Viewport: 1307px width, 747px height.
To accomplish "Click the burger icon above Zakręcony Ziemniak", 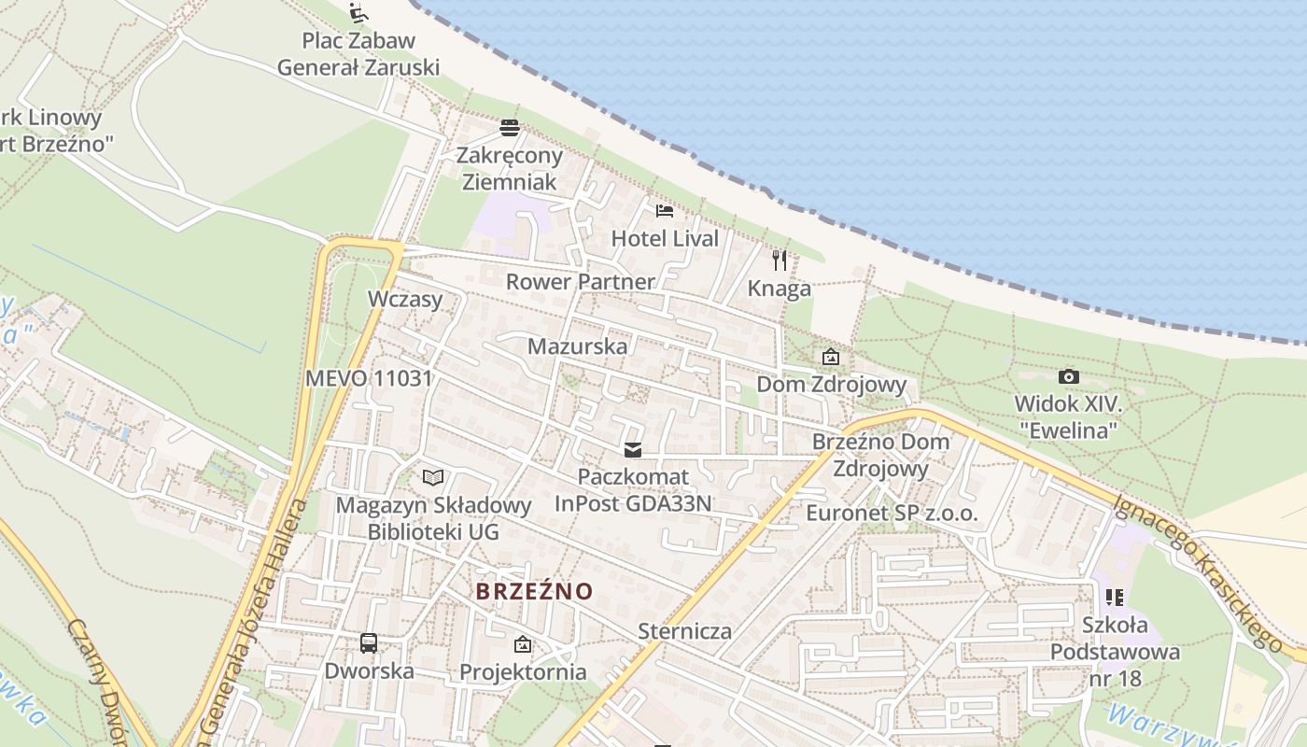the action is (x=510, y=127).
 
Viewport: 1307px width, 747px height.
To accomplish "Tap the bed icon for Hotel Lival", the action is (x=665, y=210).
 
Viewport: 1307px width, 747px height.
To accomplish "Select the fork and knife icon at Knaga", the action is (x=780, y=261).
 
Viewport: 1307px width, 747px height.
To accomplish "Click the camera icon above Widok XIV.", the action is (x=1069, y=376).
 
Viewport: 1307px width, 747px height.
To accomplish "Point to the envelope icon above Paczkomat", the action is (x=634, y=450).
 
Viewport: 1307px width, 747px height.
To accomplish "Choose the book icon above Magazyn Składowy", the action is (x=433, y=478).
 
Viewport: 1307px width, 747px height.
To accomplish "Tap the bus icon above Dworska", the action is (x=369, y=642).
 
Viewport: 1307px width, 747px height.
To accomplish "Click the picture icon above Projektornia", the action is (x=523, y=644).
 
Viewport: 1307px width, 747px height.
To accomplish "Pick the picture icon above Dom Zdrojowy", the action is (x=831, y=357).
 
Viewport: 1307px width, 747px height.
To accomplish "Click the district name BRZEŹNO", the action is (x=534, y=591).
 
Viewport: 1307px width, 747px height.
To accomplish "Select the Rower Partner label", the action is (x=580, y=281).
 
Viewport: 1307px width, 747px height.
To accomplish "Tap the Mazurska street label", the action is (x=577, y=346).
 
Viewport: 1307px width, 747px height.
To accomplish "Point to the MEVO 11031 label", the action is (x=369, y=378).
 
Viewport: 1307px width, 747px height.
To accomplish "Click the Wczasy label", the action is (x=404, y=299).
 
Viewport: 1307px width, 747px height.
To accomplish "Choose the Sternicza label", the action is (x=684, y=631).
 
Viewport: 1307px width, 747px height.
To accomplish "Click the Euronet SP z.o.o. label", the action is (x=892, y=514).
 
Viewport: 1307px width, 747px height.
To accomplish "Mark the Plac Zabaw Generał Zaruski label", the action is (x=358, y=54).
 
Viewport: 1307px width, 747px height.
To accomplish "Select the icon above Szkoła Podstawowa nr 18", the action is (x=1114, y=596).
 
